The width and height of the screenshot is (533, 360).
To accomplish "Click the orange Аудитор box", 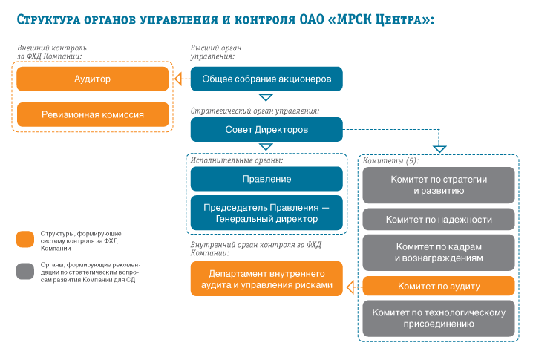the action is coord(93,79).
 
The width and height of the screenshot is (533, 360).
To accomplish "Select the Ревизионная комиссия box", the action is coord(93,114).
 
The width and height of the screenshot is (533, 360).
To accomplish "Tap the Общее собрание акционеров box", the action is coord(266,79).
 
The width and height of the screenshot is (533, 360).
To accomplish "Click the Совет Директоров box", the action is coord(266,129).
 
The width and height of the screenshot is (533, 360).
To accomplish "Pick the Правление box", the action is coord(266,179).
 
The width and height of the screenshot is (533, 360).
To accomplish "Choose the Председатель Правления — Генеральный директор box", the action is coord(266,213).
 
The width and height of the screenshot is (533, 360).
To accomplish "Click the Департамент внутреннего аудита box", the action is coord(266,279).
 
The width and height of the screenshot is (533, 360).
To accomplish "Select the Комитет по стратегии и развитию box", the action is coord(439,185).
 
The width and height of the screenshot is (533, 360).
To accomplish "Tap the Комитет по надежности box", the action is coord(439,219).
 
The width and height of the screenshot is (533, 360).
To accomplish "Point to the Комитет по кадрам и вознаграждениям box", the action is coord(439,252).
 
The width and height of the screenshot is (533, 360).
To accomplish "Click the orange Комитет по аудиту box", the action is coord(439,286).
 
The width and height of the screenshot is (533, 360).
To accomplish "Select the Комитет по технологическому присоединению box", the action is coord(439,318).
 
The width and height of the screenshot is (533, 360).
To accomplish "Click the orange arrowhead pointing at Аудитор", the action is coord(178,79).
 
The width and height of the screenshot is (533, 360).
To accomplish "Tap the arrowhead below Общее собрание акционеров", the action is coord(266,97).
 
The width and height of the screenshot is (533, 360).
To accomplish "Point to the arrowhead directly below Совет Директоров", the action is coord(266,147).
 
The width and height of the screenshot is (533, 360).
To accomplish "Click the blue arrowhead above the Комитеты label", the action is coord(439,149).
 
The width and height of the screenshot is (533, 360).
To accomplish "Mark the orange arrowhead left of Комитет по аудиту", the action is coord(350,287).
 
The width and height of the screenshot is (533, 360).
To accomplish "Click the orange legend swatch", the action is coord(25,239).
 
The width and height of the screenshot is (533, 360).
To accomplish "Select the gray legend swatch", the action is coord(25,271).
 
